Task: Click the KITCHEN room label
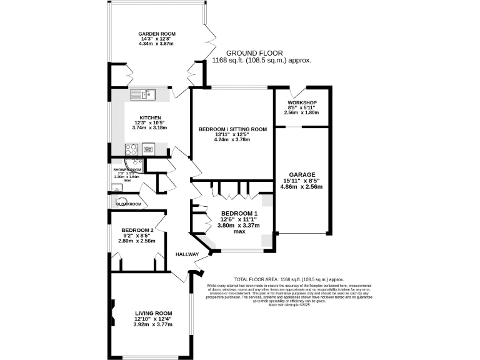pos(151,117)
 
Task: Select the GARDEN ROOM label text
pos(157,34)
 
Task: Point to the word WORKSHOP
pos(302,102)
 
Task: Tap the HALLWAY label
pos(187,254)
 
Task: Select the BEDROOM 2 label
pos(137,229)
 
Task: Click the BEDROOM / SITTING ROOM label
pos(232,129)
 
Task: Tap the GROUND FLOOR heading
pos(254,53)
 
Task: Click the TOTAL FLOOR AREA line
pos(289,279)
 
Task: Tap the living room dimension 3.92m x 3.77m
pos(153,325)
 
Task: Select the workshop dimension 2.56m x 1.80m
pos(302,112)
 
